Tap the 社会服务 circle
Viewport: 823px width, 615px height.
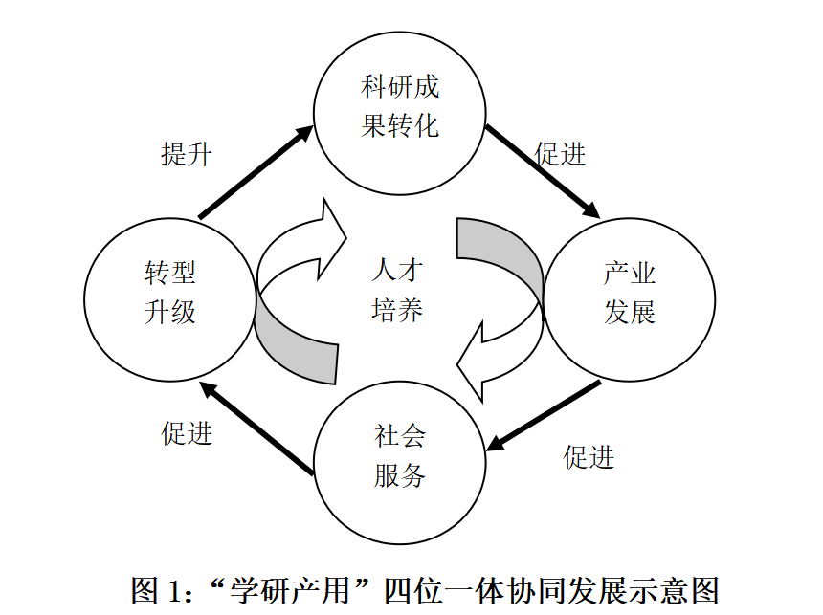click(400, 457)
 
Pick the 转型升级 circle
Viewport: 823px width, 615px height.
click(170, 294)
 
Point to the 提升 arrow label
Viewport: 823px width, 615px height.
click(186, 153)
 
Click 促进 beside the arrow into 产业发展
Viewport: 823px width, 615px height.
click(560, 153)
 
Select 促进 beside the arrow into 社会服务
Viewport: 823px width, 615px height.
click(589, 457)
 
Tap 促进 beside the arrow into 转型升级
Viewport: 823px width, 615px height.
click(186, 433)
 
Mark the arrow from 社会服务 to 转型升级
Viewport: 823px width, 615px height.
click(256, 428)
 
